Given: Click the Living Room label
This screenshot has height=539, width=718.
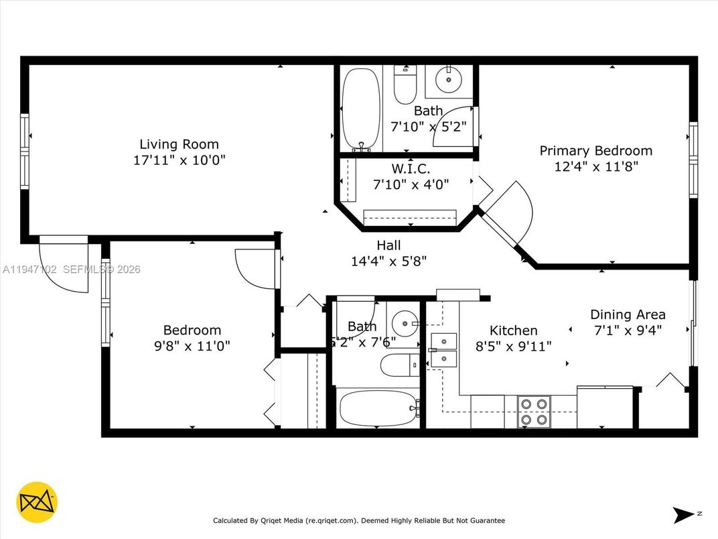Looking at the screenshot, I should tap(179, 144).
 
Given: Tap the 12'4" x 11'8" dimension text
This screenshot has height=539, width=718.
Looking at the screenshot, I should tap(595, 166).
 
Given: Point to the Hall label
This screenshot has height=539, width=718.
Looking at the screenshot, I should tap(388, 245).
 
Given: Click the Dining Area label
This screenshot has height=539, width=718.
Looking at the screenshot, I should tap(628, 314).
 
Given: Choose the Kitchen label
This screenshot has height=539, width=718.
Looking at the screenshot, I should tap(513, 331).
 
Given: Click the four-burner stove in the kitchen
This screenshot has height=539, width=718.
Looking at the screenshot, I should tap(534, 412).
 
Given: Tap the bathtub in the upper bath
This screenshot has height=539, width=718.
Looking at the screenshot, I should tap(360, 109).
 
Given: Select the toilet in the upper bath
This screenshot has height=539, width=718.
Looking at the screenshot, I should tap(405, 85).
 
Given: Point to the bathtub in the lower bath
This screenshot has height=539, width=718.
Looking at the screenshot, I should tap(376, 408).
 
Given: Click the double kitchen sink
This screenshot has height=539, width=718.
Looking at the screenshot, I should tap(443, 350).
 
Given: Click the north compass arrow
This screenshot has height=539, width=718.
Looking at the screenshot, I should tap(685, 514).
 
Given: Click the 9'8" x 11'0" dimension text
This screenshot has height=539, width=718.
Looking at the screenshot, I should tap(192, 346).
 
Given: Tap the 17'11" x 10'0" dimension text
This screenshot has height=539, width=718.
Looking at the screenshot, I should tap(179, 160).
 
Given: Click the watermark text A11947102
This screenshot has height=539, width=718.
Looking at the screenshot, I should tap(30, 269).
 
